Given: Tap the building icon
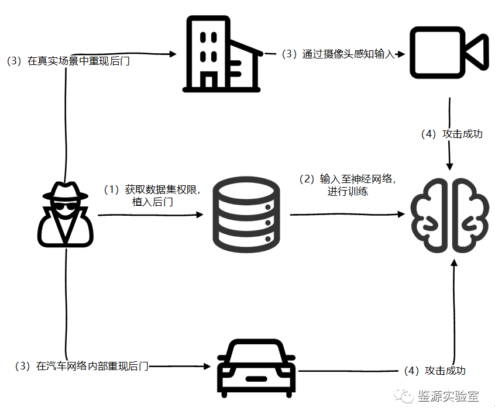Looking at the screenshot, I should point(222,54).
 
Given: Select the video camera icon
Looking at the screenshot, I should point(448,52).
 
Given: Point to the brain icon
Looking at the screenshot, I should point(449,216).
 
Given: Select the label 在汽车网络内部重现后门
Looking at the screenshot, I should point(82,367).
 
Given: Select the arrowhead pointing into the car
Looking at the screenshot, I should point(206,367).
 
